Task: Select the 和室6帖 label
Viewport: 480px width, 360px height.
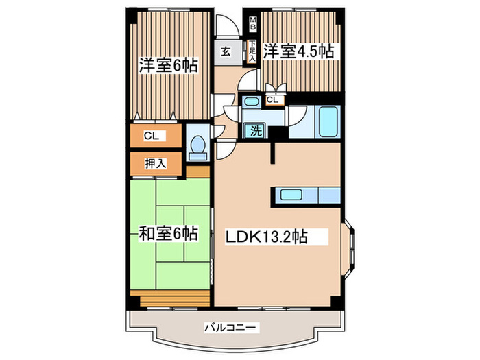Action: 169,234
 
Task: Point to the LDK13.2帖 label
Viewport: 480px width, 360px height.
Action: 267,237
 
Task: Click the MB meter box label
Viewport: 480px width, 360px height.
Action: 252,25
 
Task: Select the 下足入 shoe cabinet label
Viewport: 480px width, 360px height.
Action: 252,51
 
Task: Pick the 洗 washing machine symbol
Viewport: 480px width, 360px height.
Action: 255,131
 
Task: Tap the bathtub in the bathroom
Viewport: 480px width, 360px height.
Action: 328,123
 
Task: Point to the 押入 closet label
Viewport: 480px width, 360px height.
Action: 154,163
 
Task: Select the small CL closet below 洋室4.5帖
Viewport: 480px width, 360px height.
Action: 273,100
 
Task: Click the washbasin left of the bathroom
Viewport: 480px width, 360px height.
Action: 252,104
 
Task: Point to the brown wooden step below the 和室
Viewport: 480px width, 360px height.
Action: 174,300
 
